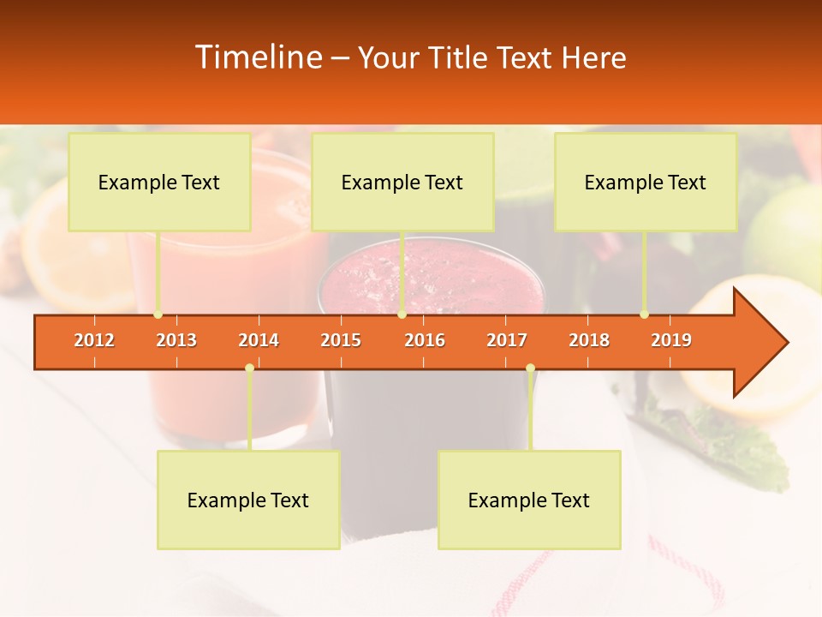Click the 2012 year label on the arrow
pyautogui.click(x=94, y=340)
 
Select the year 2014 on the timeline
pyautogui.click(x=259, y=340)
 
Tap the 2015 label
pyautogui.click(x=341, y=340)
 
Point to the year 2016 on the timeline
pyautogui.click(x=425, y=340)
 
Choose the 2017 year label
pyautogui.click(x=507, y=340)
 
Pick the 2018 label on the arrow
pyautogui.click(x=589, y=340)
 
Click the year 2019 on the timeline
pyautogui.click(x=671, y=340)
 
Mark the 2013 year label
pyautogui.click(x=176, y=340)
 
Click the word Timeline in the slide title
pyautogui.click(x=257, y=57)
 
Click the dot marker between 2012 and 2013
pyautogui.click(x=158, y=314)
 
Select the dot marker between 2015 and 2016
pyautogui.click(x=402, y=314)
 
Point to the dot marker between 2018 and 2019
pyautogui.click(x=644, y=314)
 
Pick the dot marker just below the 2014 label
pyautogui.click(x=249, y=368)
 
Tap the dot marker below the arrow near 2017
pyautogui.click(x=530, y=368)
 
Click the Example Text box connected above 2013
pyautogui.click(x=159, y=182)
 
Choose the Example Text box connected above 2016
pyautogui.click(x=402, y=182)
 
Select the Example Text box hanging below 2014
pyautogui.click(x=248, y=500)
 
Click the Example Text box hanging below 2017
pyautogui.click(x=529, y=500)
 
